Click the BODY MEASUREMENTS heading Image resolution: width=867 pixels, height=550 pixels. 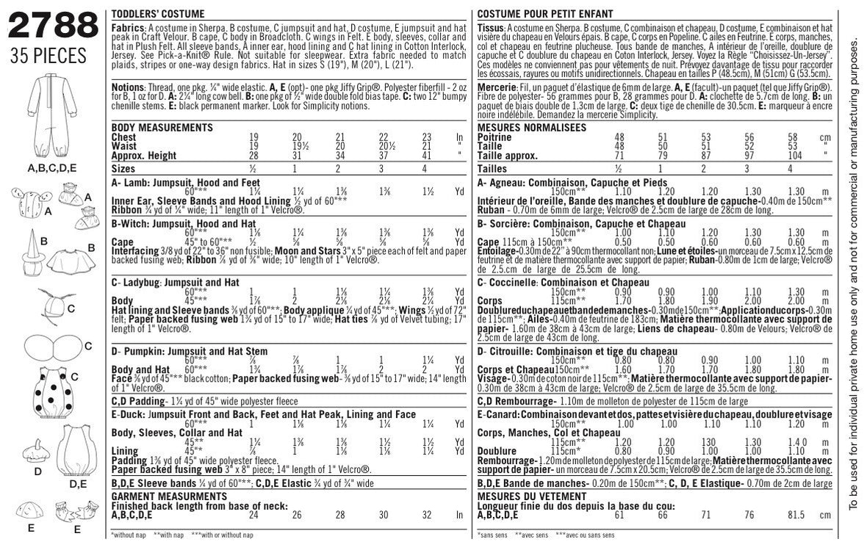click(151, 127)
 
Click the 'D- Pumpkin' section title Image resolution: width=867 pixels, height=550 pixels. click(190, 352)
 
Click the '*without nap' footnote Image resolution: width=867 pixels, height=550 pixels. click(130, 535)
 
